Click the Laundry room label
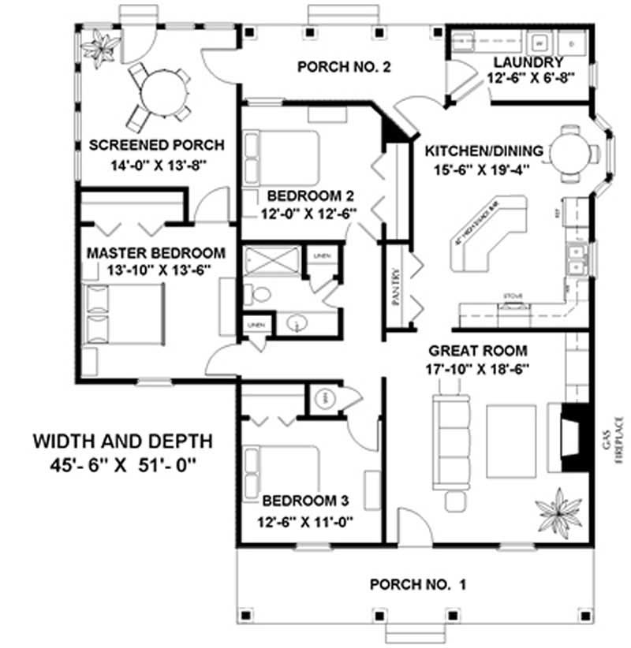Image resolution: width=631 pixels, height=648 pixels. (528, 63)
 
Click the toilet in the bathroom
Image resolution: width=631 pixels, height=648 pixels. (258, 295)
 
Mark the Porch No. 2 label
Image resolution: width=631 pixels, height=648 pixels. (344, 67)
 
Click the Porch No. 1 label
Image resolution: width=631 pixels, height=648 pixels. (418, 585)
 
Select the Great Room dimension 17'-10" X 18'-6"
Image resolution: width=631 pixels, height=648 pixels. (478, 368)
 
